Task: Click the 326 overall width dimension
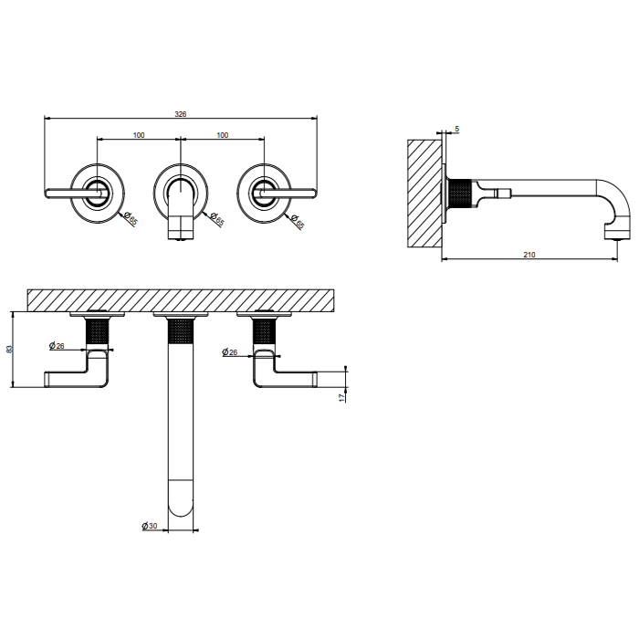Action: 181,114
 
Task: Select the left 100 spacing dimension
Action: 139,135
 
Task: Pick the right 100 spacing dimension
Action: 223,135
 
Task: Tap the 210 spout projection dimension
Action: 529,255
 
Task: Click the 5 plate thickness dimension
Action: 457,129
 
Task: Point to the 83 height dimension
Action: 10,350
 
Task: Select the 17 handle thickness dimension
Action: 341,397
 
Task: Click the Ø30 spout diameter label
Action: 150,526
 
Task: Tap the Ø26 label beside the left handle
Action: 57,346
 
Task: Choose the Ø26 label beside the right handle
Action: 230,352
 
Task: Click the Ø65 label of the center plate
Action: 217,219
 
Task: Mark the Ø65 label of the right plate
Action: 298,221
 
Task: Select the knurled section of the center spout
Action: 181,330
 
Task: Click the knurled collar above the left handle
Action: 98,333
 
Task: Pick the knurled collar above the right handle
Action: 265,333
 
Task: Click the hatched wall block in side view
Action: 424,194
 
